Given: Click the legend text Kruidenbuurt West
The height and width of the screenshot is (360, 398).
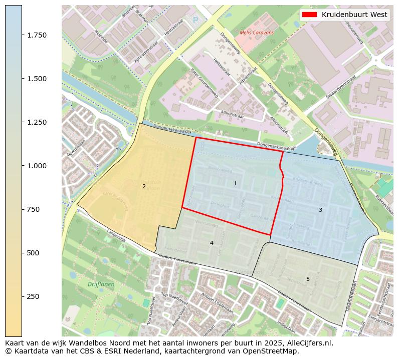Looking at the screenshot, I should click(354, 15).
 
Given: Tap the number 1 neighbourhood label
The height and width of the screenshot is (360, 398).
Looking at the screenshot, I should click(235, 184).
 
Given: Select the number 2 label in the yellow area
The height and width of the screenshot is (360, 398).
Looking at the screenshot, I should click(144, 186).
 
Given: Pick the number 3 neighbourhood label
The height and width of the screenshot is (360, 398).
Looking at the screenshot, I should click(320, 210).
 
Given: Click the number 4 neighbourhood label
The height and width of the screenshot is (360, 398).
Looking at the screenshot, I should click(212, 243).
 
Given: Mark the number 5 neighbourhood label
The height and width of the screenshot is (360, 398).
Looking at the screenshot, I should click(308, 279).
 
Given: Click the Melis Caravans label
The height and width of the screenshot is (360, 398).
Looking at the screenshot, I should click(257, 33).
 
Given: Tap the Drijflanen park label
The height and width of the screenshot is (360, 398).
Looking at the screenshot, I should click(101, 284).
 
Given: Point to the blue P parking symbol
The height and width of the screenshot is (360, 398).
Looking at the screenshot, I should click(195, 21).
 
